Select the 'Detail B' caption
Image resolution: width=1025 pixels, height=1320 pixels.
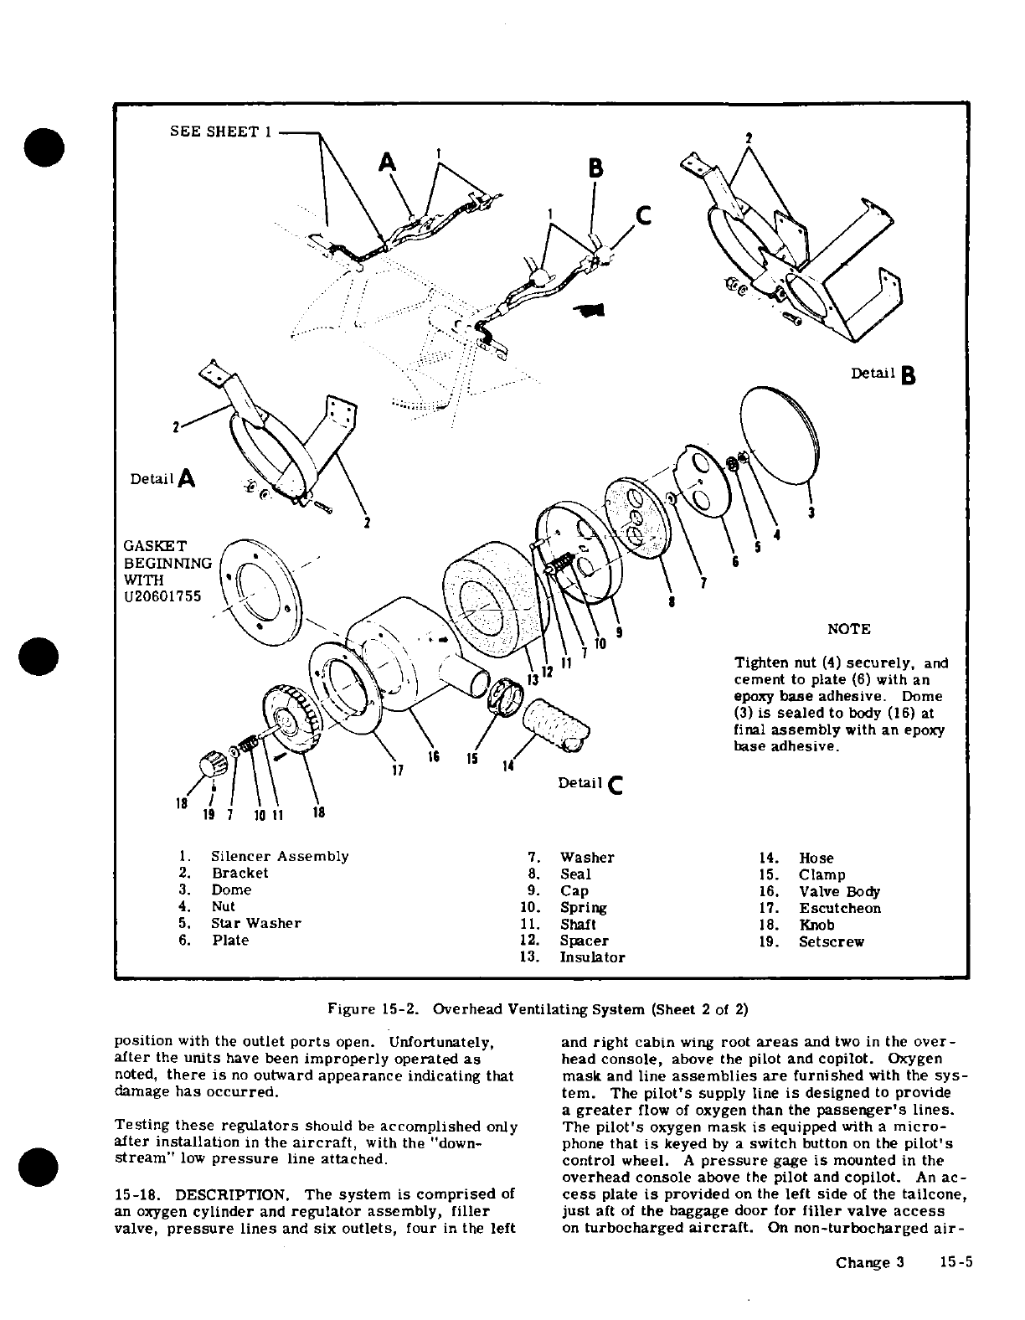pos(882,374)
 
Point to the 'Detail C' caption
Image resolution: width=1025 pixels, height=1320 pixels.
pos(590,783)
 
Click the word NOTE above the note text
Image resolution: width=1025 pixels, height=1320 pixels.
pos(848,629)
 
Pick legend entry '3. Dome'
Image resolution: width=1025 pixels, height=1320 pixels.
pos(221,889)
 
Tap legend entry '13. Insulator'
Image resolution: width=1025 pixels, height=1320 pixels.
pos(582,956)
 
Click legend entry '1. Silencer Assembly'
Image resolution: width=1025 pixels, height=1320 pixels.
pos(269,856)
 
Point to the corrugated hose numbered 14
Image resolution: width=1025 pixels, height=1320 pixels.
pos(554,722)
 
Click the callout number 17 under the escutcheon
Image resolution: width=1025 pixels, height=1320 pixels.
pos(398,769)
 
